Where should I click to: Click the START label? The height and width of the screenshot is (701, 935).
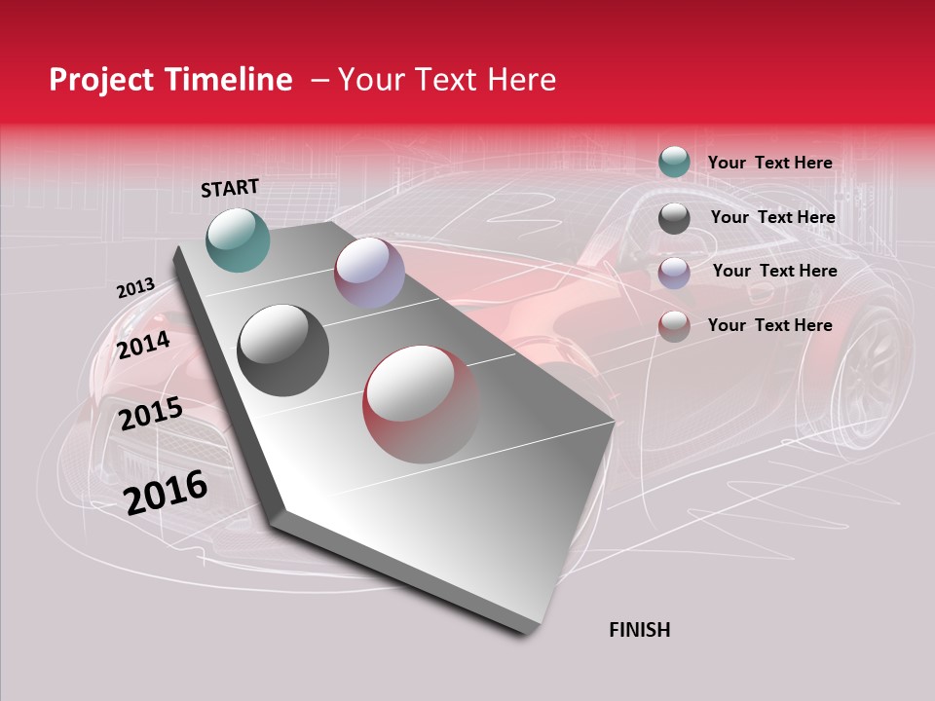point(230,188)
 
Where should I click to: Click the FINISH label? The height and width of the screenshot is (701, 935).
point(639,630)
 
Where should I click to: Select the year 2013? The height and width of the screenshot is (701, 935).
point(135,288)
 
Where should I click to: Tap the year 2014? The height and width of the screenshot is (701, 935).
point(143,345)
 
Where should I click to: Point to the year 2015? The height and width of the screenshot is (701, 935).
point(150,414)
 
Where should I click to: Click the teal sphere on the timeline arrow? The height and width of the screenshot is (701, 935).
point(238,240)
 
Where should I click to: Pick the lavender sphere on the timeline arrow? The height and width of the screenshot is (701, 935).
point(368,273)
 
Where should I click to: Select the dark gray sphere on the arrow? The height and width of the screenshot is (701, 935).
point(282,350)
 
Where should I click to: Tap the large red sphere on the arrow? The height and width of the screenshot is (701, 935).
point(421,404)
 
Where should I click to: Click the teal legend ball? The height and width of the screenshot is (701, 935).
point(674,162)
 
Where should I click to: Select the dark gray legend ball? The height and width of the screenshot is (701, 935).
point(674,218)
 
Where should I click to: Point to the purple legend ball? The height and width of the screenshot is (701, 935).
point(674,273)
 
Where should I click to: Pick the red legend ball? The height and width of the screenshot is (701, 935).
point(674,326)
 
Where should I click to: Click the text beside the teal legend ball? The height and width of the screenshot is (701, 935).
point(769,163)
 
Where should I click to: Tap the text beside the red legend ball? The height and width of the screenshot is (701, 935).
point(769,325)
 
